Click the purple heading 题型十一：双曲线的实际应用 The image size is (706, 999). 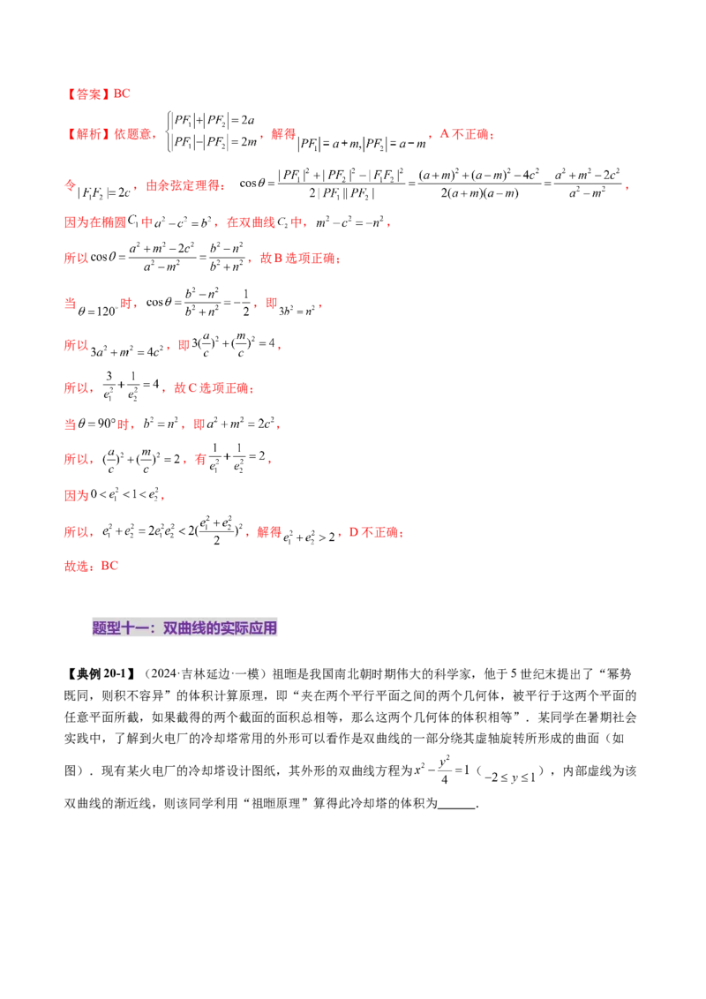point(186,628)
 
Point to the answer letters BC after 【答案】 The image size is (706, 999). point(123,93)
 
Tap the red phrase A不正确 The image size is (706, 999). point(465,134)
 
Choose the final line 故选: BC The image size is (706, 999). point(90,565)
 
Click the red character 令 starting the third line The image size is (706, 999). point(70,186)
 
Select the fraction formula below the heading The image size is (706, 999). point(477,771)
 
